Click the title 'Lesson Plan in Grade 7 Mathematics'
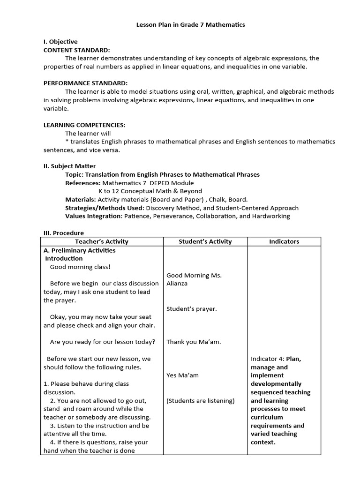190,25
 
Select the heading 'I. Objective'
60,42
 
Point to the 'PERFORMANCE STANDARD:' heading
85,83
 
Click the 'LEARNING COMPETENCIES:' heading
84,125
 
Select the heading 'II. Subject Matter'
69,166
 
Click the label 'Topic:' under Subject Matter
74,174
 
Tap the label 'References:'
82,183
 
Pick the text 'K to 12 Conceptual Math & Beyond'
150,191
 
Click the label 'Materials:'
80,199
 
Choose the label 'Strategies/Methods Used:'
105,208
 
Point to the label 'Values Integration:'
93,216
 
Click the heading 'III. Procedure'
64,233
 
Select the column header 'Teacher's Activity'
102,241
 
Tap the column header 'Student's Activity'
205,241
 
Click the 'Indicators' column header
284,241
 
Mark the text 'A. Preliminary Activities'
80,250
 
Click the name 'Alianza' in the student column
178,284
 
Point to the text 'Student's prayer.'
192,309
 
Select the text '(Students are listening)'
201,401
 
